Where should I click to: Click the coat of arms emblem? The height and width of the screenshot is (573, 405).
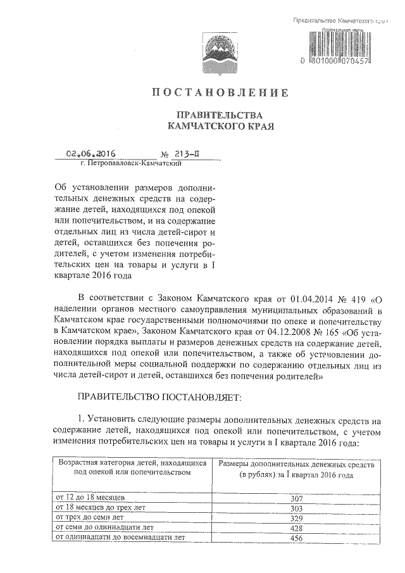coord(218,49)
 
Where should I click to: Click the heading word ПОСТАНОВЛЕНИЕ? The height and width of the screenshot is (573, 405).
coord(220,93)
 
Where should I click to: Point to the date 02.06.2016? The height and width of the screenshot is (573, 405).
coord(95,153)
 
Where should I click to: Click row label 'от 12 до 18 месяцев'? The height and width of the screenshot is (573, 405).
coord(91,498)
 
